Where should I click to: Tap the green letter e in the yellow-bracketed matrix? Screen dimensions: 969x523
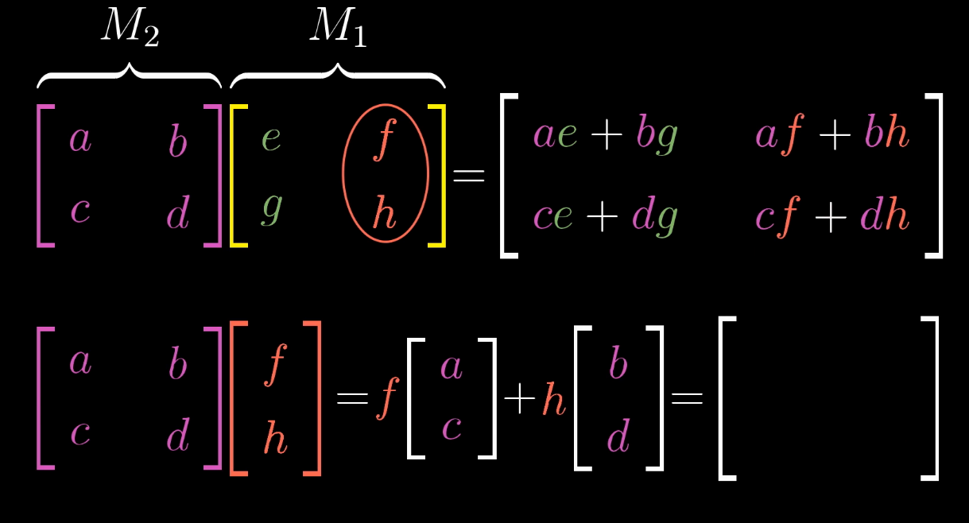pos(271,140)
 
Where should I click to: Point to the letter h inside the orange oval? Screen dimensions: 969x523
pos(384,213)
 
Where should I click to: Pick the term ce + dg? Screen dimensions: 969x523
pos(605,216)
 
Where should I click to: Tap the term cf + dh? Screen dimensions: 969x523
pos(831,216)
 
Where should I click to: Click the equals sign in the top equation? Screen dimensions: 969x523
pos(469,176)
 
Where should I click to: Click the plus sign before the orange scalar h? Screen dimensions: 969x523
pos(520,400)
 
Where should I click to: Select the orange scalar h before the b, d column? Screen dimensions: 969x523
pos(554,400)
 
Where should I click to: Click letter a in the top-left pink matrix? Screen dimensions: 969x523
pos(80,140)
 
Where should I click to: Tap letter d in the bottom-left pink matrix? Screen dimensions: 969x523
pos(178,435)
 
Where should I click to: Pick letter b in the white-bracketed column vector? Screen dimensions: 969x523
pos(618,365)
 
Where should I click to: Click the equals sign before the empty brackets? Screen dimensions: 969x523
pos(688,398)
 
